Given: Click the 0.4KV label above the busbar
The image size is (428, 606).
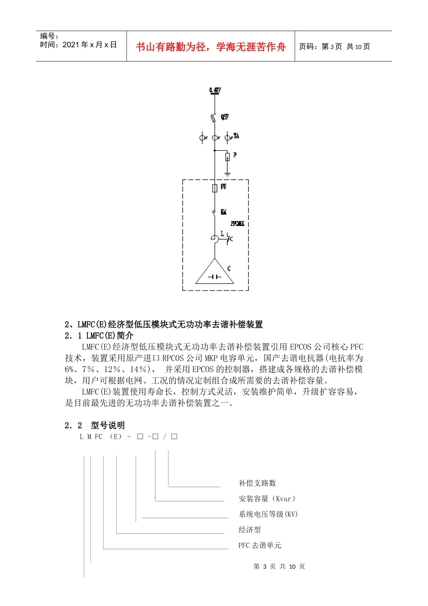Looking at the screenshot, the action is pyautogui.click(x=215, y=91).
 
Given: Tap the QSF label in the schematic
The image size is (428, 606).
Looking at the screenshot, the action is pyautogui.click(x=224, y=117).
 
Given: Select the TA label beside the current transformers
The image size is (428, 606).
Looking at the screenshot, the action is pyautogui.click(x=236, y=136).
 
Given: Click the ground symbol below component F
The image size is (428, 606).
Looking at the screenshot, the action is pyautogui.click(x=228, y=174).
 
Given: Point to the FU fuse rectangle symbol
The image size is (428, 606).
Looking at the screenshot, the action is pyautogui.click(x=215, y=188).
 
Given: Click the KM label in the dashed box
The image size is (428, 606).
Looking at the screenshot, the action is pyautogui.click(x=223, y=212).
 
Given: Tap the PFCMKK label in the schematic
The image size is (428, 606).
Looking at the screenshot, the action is pyautogui.click(x=237, y=223).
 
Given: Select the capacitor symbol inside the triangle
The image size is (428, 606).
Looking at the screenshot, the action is pyautogui.click(x=214, y=276).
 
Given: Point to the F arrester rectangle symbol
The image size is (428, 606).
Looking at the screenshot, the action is pyautogui.click(x=228, y=156).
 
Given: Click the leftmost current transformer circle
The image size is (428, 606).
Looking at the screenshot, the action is pyautogui.click(x=203, y=138).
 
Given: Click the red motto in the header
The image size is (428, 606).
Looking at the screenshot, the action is pyautogui.click(x=210, y=47).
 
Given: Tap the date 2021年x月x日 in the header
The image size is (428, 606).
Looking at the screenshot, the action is pyautogui.click(x=90, y=45).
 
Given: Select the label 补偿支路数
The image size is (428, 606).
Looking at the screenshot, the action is pyautogui.click(x=257, y=483).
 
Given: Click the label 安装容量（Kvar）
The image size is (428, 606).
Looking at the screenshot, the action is pyautogui.click(x=267, y=499).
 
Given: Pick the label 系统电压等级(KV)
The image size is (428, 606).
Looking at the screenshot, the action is pyautogui.click(x=268, y=514).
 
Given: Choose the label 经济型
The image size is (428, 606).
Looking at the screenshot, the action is pyautogui.click(x=250, y=530).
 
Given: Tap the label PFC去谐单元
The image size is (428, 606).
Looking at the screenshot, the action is pyautogui.click(x=260, y=545).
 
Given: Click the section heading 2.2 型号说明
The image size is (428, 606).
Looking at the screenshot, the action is pyautogui.click(x=95, y=425).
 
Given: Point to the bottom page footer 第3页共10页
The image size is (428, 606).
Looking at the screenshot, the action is pyautogui.click(x=279, y=566).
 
